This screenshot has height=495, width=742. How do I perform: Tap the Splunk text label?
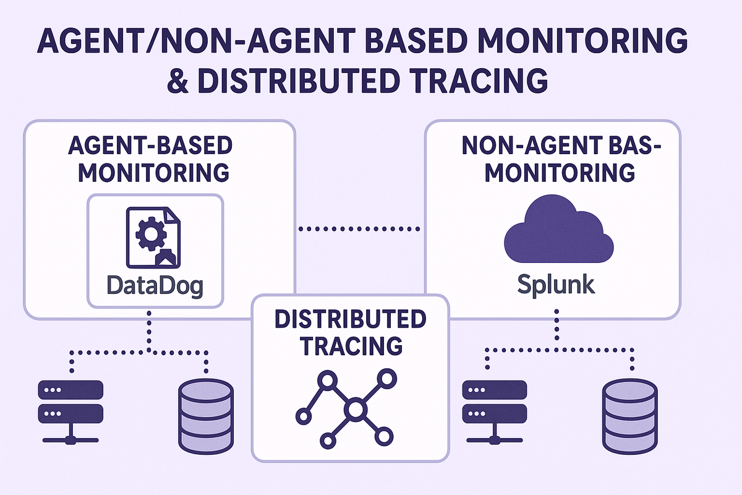click(556, 284)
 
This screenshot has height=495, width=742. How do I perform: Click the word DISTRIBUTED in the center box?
click(350, 319)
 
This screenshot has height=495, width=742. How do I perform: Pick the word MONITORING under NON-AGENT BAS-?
click(560, 173)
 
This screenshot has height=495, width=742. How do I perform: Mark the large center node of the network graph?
click(356, 409)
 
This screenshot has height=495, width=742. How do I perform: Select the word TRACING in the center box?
click(350, 345)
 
